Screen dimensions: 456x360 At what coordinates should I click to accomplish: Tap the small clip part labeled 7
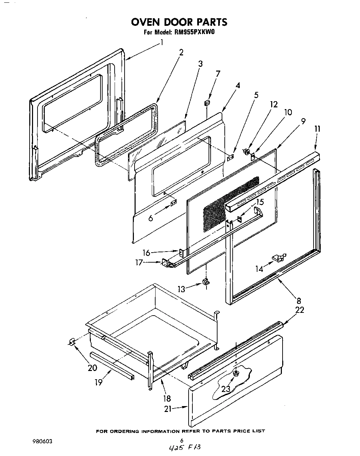207,103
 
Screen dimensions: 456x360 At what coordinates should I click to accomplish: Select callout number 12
274,104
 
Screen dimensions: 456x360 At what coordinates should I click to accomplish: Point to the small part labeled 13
206,282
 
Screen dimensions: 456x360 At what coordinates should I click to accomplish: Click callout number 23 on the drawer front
226,389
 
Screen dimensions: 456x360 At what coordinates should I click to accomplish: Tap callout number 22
300,310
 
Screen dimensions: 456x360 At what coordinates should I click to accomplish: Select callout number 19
99,382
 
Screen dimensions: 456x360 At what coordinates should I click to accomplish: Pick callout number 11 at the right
317,129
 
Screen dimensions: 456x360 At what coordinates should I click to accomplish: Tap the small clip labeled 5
231,157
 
